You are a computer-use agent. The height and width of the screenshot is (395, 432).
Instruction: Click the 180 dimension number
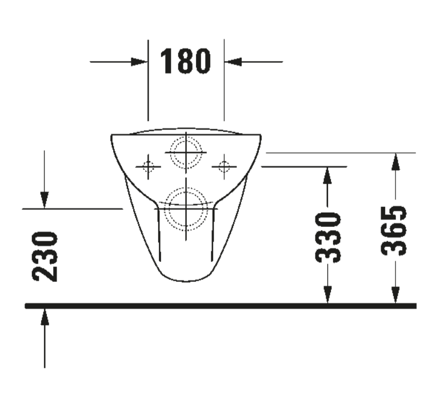(x=185, y=61)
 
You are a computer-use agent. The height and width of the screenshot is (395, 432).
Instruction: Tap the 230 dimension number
(x=45, y=257)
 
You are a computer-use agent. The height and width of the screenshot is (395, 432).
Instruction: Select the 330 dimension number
(x=328, y=237)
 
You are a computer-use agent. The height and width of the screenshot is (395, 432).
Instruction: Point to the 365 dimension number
(x=393, y=230)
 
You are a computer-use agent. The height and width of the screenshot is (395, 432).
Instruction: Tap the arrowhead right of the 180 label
(x=233, y=62)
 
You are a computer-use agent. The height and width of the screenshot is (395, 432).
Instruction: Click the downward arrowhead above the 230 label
(x=45, y=200)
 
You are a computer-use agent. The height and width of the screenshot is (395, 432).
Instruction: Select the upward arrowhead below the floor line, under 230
(x=45, y=317)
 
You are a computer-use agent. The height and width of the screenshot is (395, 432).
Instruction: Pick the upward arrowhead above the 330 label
(x=327, y=175)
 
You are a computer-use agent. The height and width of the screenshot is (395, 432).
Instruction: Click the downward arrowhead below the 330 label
(x=327, y=294)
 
